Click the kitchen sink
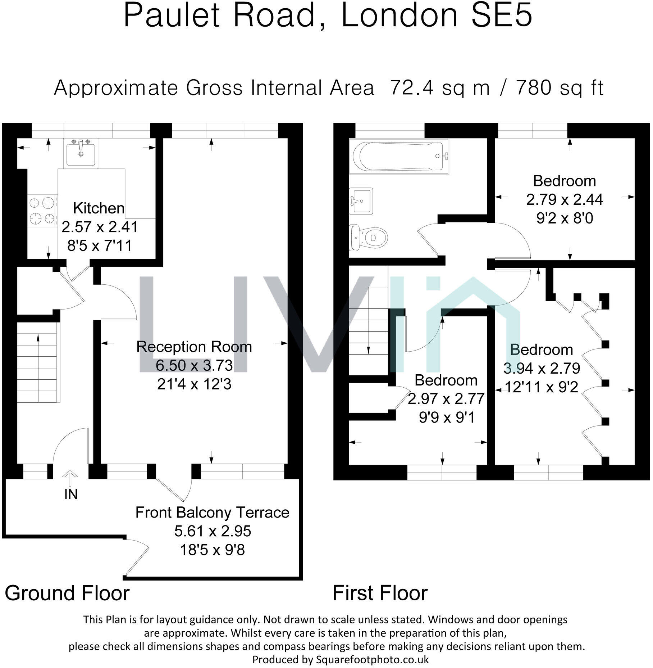click(x=81, y=153)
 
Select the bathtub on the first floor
click(x=399, y=156)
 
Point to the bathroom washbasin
click(x=361, y=201)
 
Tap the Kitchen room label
click(x=99, y=208)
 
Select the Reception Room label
click(x=194, y=347)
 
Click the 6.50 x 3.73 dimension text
click(x=194, y=365)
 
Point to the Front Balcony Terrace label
click(x=212, y=513)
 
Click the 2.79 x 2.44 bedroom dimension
click(x=565, y=199)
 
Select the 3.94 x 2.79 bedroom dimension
click(x=542, y=368)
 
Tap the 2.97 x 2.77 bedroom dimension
click(x=446, y=399)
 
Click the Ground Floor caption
click(x=67, y=593)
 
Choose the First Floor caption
click(x=380, y=593)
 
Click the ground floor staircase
click(x=37, y=367)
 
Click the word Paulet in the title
click(x=172, y=16)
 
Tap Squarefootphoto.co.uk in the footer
click(x=373, y=660)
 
